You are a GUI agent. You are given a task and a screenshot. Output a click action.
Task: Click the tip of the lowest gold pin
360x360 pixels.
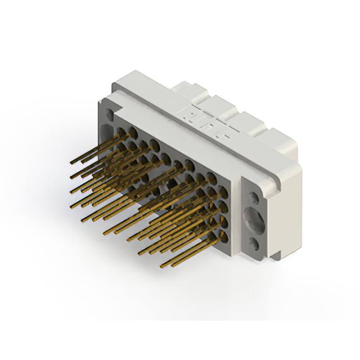tap(162, 265)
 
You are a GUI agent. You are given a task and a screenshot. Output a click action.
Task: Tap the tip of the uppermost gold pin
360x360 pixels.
tap(72, 162)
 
